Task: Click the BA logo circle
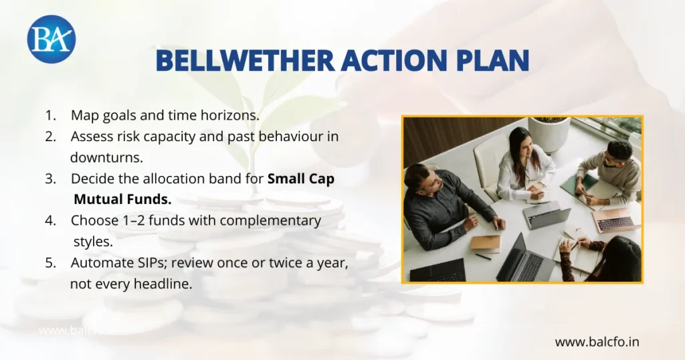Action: coord(52,39)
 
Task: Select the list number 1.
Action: coord(50,115)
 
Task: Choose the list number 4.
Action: coord(50,220)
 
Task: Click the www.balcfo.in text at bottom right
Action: coord(597,342)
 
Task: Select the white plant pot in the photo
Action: coord(549,133)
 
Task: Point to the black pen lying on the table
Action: coord(483,256)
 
